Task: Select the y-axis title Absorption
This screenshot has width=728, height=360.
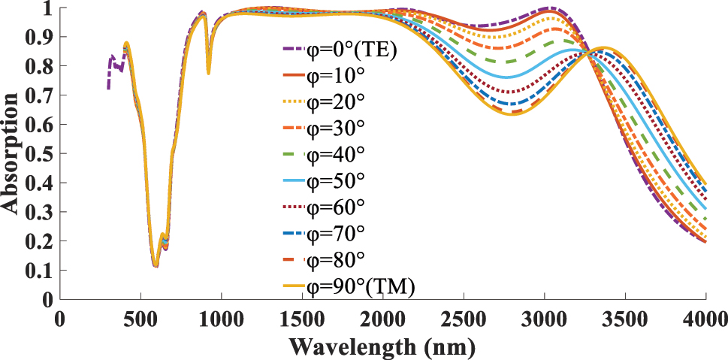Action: pos(11,153)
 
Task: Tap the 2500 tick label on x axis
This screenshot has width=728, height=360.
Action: pos(464,317)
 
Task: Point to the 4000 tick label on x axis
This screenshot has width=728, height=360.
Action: pos(705,317)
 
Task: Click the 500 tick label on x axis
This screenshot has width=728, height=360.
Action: pos(140,317)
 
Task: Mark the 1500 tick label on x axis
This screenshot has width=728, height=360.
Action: pos(302,317)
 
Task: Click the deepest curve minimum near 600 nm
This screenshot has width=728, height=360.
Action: pos(156,265)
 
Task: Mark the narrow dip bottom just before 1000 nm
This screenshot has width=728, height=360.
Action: pos(208,72)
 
